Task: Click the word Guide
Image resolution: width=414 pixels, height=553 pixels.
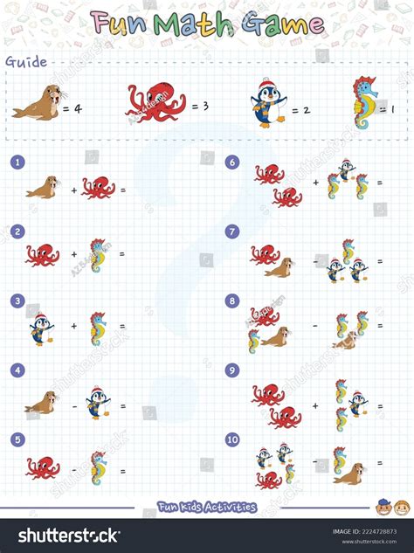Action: (x=26, y=61)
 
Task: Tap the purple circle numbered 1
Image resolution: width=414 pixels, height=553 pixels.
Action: (x=17, y=162)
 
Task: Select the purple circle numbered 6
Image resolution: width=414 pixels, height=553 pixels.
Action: (x=232, y=162)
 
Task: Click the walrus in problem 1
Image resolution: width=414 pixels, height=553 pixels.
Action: (x=43, y=187)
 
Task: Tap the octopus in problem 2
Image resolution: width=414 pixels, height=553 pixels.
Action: (x=42, y=255)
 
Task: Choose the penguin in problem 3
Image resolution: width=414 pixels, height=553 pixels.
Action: (x=40, y=328)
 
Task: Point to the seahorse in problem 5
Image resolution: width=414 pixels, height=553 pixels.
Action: (x=99, y=467)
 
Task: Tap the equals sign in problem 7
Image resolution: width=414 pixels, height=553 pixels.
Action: (x=380, y=261)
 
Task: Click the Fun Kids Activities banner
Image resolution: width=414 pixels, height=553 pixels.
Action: (x=207, y=507)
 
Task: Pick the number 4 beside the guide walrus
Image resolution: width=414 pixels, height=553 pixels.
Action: (x=77, y=109)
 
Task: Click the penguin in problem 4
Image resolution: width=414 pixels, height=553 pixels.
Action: (x=99, y=402)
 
